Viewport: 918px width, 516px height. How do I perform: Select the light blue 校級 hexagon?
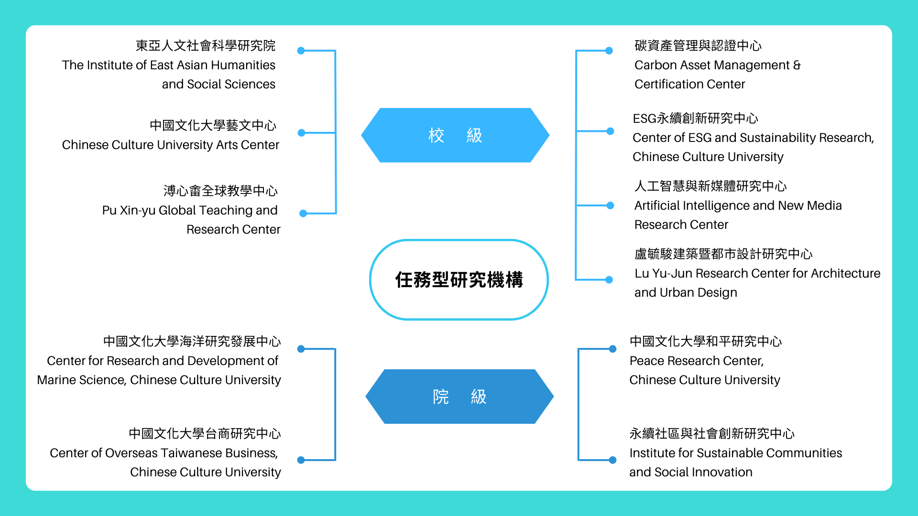click(455, 135)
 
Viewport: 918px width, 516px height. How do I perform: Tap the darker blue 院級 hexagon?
click(459, 397)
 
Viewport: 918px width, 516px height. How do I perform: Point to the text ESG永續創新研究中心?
click(695, 118)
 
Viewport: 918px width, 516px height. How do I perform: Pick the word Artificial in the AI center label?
click(656, 206)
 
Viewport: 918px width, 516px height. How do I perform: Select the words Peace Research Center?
click(697, 361)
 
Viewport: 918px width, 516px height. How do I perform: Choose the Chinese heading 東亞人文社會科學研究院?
click(206, 45)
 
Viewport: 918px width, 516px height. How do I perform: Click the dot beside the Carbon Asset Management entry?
click(609, 51)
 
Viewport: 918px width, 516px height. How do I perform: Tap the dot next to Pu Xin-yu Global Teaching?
click(303, 214)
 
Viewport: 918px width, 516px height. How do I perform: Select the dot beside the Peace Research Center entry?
click(612, 349)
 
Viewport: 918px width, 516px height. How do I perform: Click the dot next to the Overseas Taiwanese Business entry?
click(301, 460)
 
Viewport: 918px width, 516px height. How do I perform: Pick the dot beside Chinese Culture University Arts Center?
click(301, 133)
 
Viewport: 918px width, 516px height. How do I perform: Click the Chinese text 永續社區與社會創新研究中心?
click(712, 433)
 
